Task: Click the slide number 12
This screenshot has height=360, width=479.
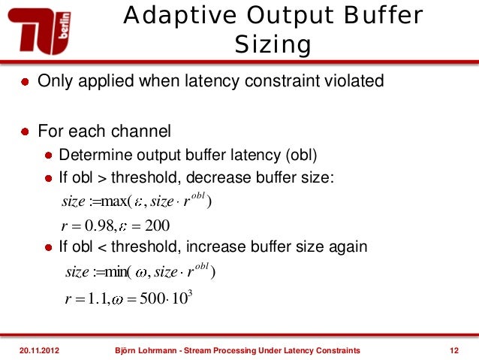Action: point(453,350)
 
